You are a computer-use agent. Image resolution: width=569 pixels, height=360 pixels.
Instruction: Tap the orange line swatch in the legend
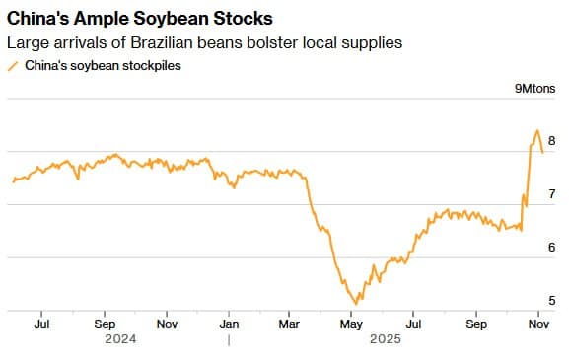coord(13,65)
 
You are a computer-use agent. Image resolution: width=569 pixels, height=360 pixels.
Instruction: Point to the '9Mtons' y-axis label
coord(536,89)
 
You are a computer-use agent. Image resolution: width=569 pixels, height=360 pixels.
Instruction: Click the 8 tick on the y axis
coord(551,141)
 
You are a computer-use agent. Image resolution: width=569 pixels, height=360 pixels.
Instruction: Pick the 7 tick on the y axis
coord(551,194)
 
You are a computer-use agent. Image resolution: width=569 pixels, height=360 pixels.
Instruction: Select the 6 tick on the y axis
coord(551,248)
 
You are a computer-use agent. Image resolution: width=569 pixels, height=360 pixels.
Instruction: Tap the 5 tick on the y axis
coord(551,301)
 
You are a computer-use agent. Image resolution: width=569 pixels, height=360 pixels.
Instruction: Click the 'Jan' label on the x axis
coord(229,323)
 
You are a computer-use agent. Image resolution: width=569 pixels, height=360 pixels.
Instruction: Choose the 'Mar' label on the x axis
coord(290,323)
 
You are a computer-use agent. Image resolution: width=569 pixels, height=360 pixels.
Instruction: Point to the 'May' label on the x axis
coord(351,323)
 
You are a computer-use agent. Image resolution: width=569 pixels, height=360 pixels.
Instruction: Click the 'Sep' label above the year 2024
coord(106,323)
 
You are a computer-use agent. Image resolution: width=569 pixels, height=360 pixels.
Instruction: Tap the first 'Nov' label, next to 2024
coord(167,323)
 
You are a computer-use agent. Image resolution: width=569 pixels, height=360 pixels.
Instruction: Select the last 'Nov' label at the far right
coord(538,323)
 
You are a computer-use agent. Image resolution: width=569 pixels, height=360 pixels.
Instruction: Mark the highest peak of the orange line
coord(536,130)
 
